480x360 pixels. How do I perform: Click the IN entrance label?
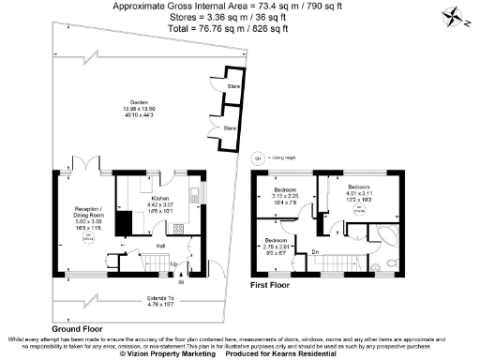coord(182,281)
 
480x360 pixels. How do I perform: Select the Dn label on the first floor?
coord(316,252)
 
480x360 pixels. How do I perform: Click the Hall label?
coord(134,247)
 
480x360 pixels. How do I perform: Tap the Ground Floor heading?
coord(78,329)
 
